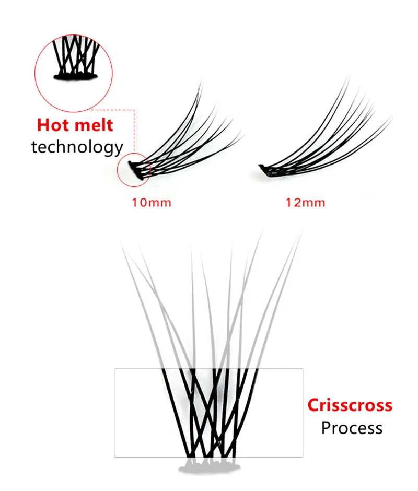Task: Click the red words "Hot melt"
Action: click(x=75, y=125)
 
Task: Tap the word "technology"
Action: click(x=77, y=147)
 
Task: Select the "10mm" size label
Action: click(x=152, y=202)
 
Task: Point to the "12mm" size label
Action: click(x=305, y=202)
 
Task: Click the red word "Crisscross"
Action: click(x=350, y=405)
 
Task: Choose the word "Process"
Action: click(x=352, y=428)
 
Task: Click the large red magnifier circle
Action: click(x=73, y=73)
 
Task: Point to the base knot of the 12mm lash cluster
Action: click(x=265, y=169)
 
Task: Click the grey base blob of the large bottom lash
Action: click(x=209, y=467)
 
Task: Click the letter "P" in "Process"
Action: click(x=326, y=428)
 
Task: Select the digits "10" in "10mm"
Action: click(x=139, y=202)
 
